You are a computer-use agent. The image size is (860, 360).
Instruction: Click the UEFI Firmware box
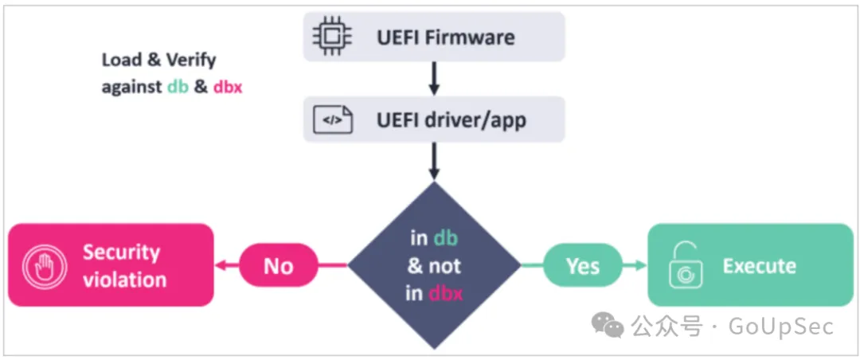pos(434,37)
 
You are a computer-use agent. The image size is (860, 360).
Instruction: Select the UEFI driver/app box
pos(434,120)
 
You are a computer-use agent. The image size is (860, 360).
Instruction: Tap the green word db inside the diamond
pos(446,238)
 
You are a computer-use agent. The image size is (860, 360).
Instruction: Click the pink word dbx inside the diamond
pos(446,293)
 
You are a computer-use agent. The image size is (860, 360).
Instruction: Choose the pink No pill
pos(278,265)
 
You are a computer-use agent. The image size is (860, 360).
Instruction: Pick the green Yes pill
pos(583,265)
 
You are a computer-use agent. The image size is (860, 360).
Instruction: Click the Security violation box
pos(111,265)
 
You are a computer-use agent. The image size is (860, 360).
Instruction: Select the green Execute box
pos(749,265)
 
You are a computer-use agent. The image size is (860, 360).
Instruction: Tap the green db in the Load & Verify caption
pos(178,87)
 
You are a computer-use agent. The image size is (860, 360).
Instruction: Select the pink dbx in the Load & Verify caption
pos(228,87)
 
